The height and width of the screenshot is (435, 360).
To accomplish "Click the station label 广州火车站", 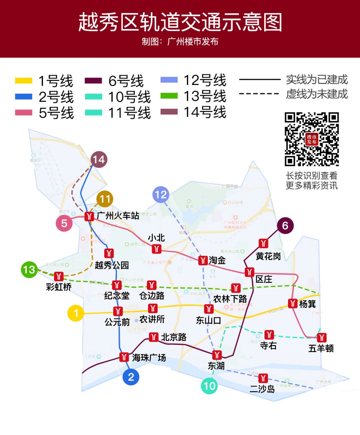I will pos(118,216).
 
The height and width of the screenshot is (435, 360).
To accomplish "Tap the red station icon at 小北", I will pos(156,249).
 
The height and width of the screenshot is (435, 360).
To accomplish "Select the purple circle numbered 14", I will pos(99,160).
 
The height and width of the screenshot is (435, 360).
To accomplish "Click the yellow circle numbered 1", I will pos(76,313).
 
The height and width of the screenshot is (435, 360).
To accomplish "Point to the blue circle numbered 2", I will pos(131,377).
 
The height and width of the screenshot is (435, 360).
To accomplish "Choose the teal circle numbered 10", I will pos(209,386).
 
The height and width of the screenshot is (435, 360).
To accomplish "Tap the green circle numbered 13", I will pos(29,269).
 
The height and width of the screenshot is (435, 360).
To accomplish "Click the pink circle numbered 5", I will pos(64,223).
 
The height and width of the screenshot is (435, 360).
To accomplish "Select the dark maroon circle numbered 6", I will pos(285,225).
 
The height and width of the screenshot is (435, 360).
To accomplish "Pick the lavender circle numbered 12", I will pos(161,195).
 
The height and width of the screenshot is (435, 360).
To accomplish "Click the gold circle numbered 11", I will pos(105,199).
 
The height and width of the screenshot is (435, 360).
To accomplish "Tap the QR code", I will pos(312,139).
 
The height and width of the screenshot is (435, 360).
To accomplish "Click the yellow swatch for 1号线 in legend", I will pos(24,81).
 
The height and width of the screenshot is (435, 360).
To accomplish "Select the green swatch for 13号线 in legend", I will pos(169,96).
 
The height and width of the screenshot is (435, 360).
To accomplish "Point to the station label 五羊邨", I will pos(321,348).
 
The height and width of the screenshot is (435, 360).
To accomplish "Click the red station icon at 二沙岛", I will pos(263,378).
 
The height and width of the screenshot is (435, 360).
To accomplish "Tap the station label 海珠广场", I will pos(149,358).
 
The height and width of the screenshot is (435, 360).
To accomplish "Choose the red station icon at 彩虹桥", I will pos(59,276).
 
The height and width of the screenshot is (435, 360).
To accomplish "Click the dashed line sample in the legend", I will pos(259,94).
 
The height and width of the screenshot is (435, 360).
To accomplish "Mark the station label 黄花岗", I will pos(268,256).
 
